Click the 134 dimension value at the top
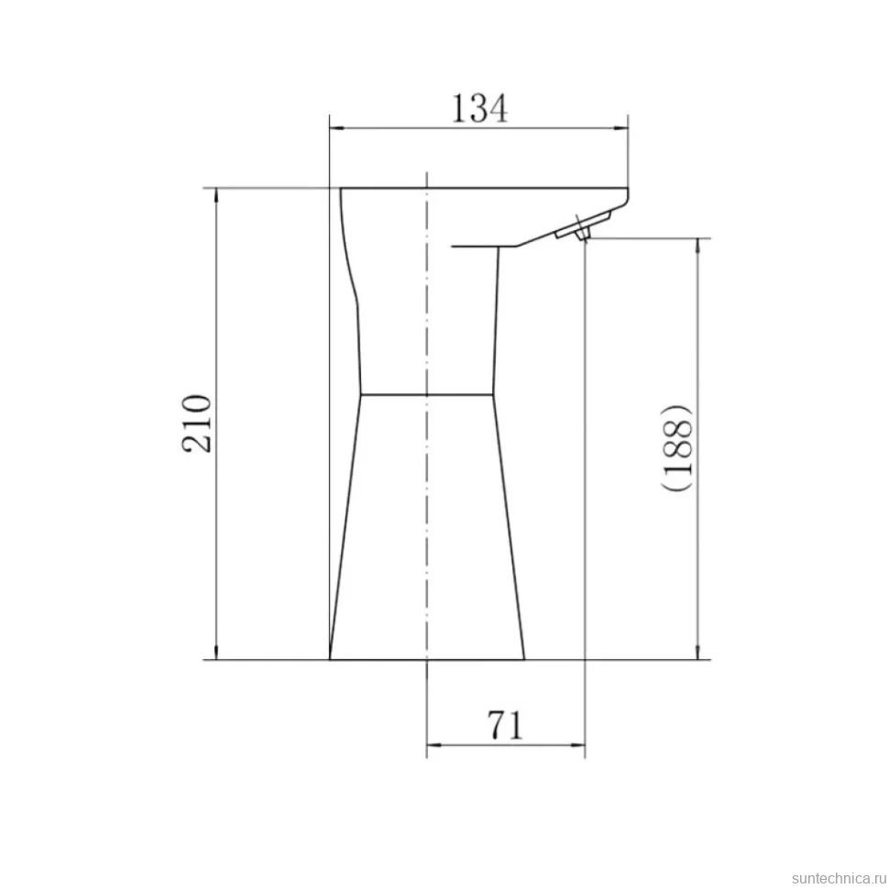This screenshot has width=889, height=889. pos(479,108)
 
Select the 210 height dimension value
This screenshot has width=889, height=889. pos(197,423)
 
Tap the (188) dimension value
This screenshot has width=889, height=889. pos(677,447)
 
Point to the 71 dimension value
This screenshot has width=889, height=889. pos(505,725)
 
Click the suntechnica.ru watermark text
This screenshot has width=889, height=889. pos(839,878)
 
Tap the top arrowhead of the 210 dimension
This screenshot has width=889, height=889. pos(216,195)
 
